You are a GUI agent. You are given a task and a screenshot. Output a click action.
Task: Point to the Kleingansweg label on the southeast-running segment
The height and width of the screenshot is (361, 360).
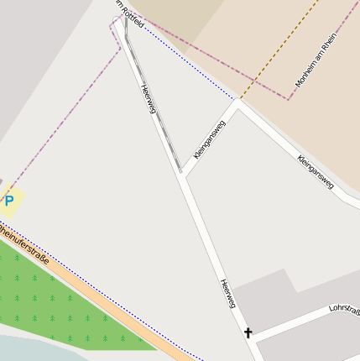tap(316, 171)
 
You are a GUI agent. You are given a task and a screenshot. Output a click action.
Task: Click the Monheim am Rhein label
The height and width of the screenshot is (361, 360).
tap(315, 61)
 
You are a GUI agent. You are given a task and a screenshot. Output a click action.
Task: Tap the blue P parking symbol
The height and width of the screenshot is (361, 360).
tap(9, 201)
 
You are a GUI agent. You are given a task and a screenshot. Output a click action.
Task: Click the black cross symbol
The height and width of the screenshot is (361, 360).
tap(248, 333)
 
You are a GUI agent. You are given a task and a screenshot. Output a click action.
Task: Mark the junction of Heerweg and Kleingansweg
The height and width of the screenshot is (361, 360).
tap(180, 175)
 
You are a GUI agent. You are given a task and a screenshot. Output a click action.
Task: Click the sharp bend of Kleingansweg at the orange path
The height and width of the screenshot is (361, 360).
tap(238, 103)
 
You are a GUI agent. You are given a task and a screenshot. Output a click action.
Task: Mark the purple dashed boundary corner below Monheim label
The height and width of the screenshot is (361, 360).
tap(290, 98)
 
